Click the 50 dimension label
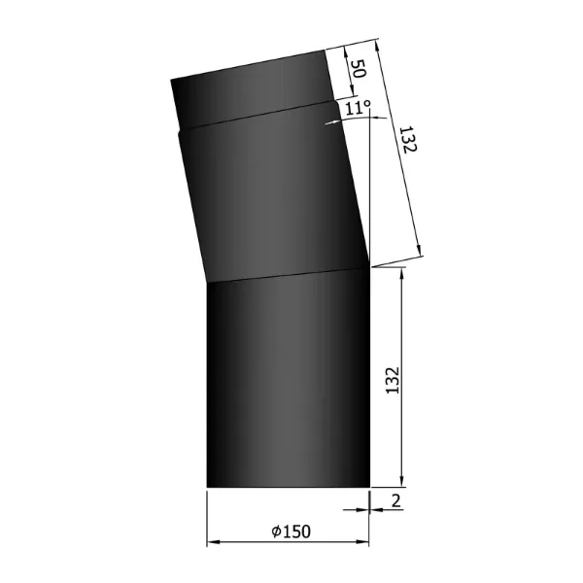coord(357,69)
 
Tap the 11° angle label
coord(356,107)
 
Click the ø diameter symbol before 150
coord(277,531)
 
